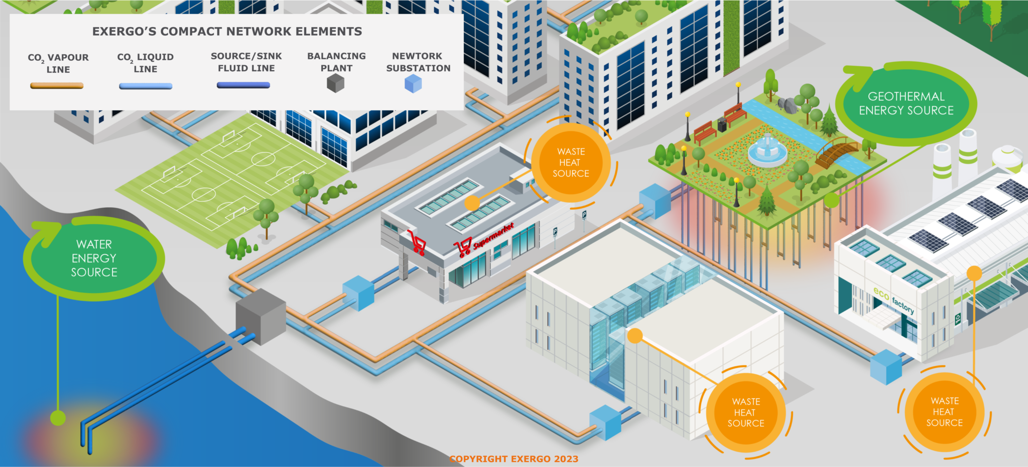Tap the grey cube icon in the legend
coord(335,83)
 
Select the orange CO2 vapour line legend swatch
coord(57,86)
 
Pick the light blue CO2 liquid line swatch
coord(146,86)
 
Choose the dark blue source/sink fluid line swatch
coord(243,85)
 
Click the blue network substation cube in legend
coord(413,83)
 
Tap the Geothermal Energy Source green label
coord(906,104)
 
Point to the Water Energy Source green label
coord(94,258)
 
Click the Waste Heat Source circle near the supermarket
coord(571,163)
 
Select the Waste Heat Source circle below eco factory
coord(944,412)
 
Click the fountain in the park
coord(767,148)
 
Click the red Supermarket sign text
coord(493,236)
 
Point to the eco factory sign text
coord(893,299)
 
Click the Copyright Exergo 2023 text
coord(513,459)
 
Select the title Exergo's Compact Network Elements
coord(227,32)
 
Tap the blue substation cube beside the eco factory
coord(886,367)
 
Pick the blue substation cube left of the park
coord(655,201)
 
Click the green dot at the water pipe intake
coord(58,417)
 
